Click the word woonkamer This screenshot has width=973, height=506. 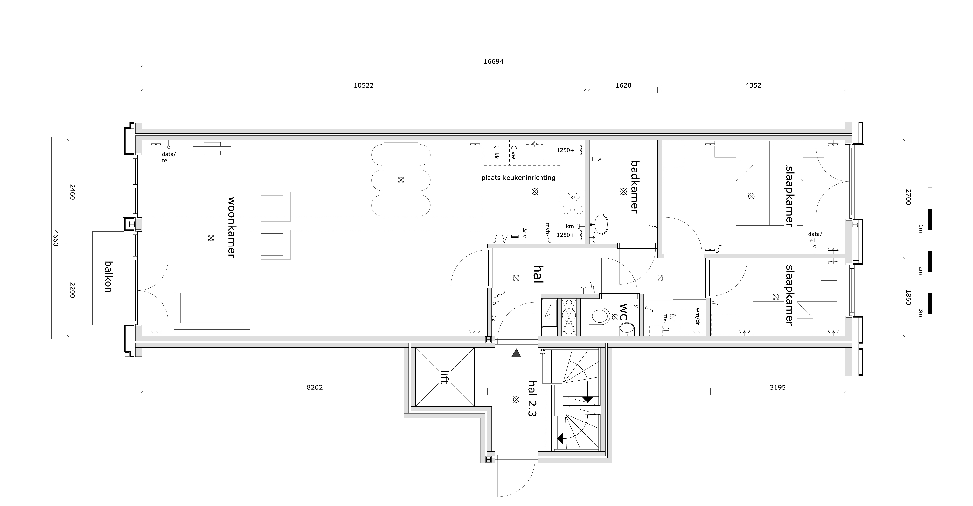(x=231, y=227)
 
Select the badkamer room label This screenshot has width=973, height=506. (x=635, y=187)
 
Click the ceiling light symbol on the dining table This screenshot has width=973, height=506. (x=401, y=180)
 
